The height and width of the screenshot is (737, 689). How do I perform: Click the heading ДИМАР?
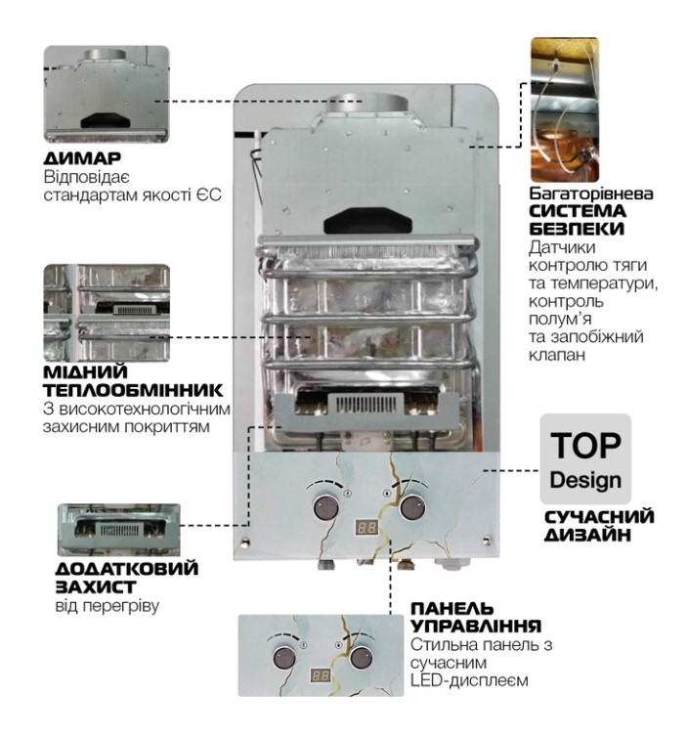pos(82,158)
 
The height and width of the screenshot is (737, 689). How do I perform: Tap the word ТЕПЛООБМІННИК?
pos(133,390)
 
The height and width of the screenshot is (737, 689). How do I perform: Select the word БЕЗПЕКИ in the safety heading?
pos(577,229)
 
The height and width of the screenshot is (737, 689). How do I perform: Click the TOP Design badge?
pos(585,458)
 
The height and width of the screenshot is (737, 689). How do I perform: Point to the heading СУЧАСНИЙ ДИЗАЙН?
pos(599,526)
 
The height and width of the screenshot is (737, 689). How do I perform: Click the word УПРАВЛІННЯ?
pos(476,627)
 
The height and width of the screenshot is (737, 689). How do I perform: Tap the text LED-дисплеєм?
pos(469,680)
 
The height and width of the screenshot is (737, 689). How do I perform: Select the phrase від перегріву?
pos(108,606)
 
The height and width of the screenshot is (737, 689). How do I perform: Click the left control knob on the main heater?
pos(325,507)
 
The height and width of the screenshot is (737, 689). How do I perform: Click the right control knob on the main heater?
pos(412,506)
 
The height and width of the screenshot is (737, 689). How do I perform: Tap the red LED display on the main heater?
pos(366,528)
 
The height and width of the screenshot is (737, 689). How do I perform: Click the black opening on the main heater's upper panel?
pos(368,220)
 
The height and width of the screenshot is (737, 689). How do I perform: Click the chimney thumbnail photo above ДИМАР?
pos(107,94)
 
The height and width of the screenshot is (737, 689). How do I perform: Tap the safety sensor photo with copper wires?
pos(565,110)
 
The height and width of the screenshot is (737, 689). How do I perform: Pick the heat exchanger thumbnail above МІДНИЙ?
pos(107,313)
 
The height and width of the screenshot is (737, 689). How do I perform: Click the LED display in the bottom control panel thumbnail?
pos(321,675)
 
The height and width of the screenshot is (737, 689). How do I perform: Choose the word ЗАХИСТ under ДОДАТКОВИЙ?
pos(96,587)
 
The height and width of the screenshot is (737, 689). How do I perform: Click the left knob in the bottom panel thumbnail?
pos(284,658)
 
